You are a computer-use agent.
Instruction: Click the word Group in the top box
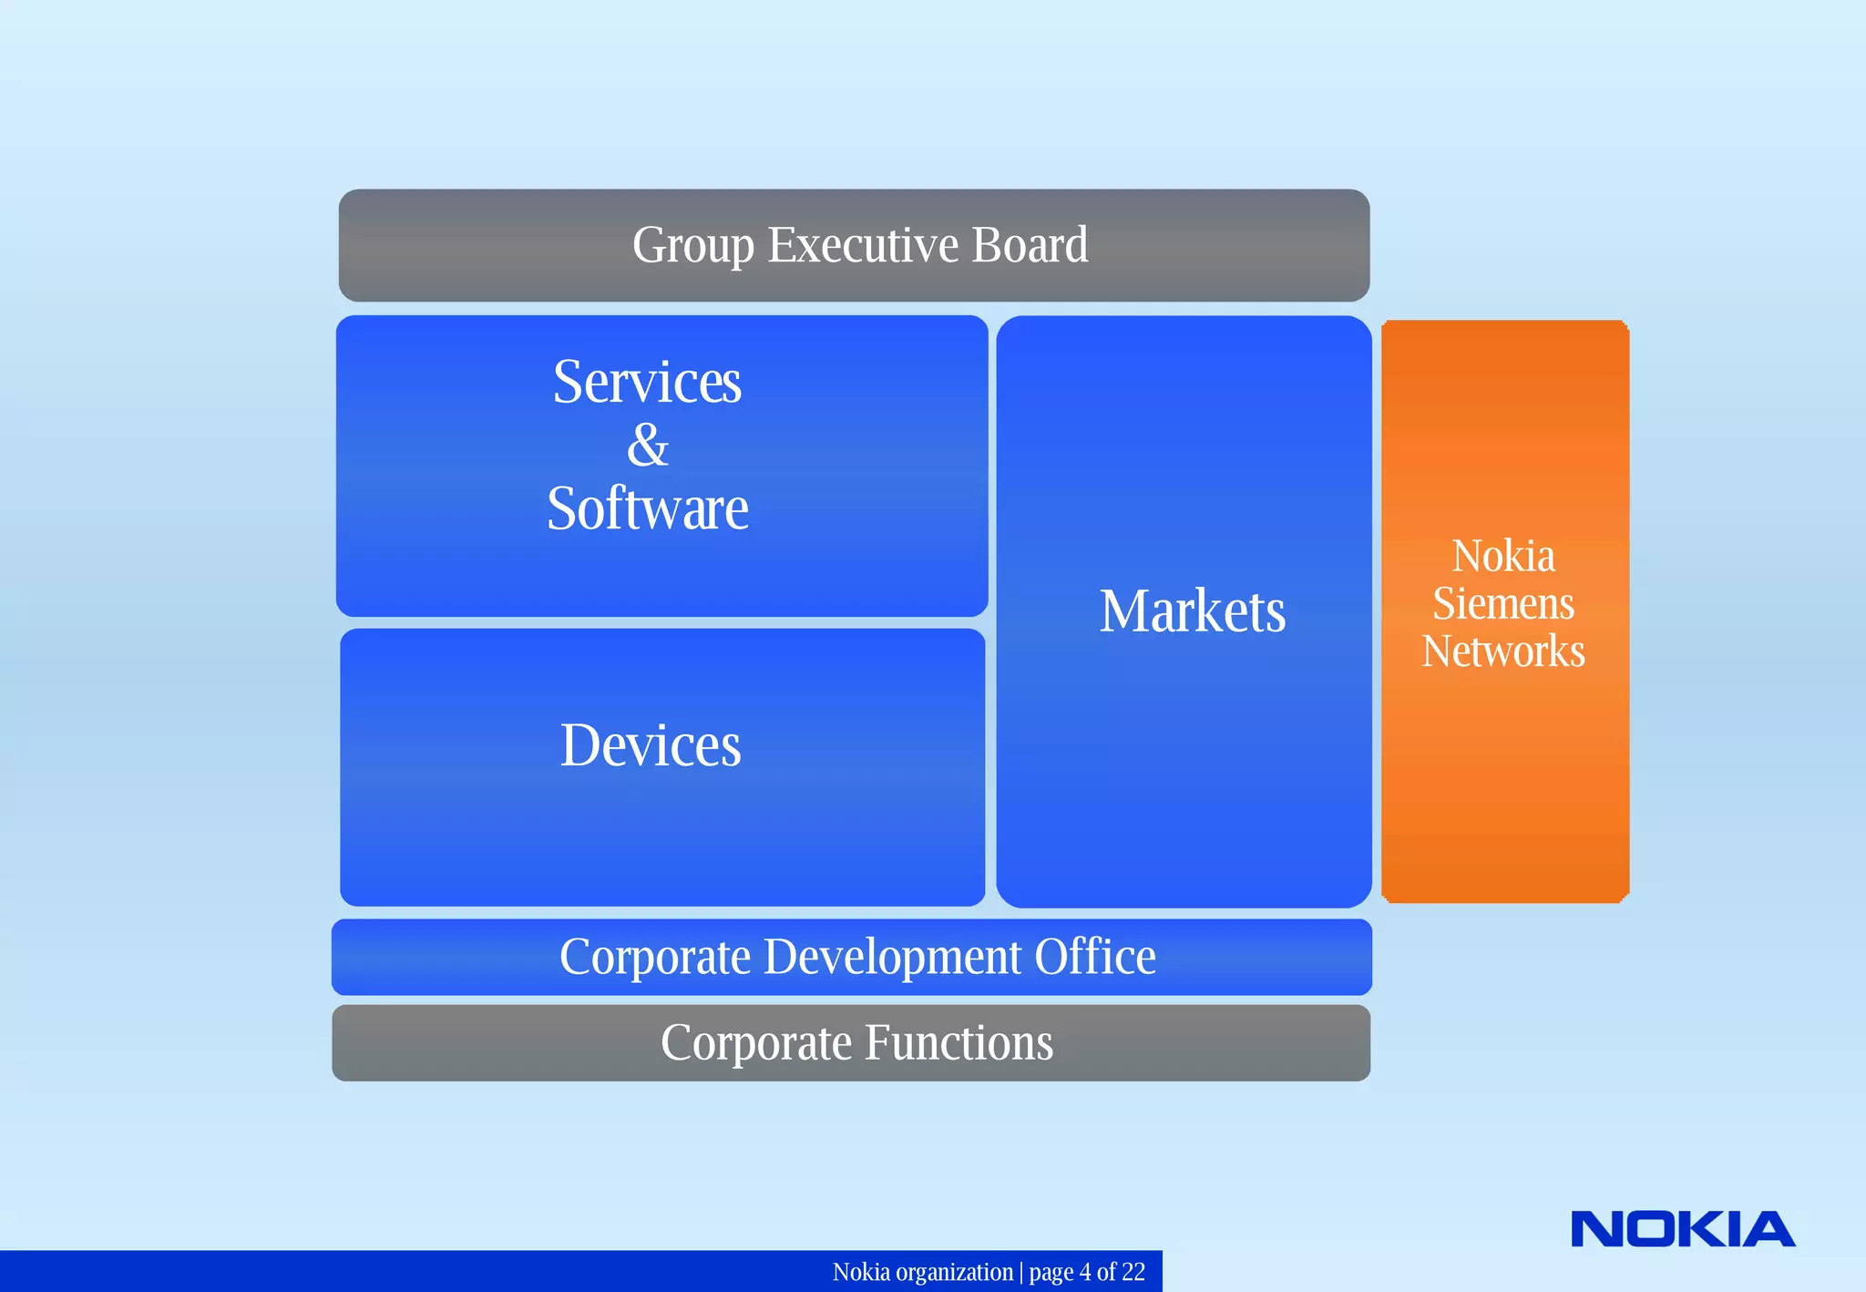point(692,246)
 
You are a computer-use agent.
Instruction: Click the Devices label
point(650,745)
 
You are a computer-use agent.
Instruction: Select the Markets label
point(1192,610)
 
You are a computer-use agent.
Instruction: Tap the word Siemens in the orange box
point(1503,603)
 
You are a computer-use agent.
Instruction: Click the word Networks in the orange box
point(1503,651)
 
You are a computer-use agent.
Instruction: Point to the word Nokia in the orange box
point(1503,556)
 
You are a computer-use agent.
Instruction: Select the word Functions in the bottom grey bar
point(959,1042)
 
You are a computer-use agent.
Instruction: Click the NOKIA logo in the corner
point(1682,1229)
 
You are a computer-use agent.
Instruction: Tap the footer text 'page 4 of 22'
point(1086,1272)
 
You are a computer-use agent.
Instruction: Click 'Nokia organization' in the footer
point(922,1272)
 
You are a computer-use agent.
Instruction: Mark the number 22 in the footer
point(1133,1272)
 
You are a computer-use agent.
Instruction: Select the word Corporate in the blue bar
point(655,958)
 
